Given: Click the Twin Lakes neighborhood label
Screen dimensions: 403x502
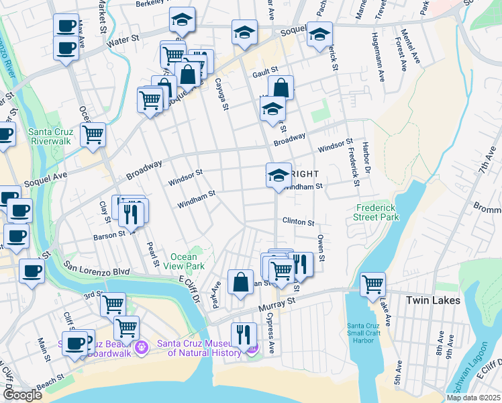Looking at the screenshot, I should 433,300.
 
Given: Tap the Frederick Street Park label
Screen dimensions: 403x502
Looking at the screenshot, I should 376,213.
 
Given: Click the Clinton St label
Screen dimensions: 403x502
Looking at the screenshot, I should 298,221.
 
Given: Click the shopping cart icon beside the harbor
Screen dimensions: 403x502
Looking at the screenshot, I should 372,284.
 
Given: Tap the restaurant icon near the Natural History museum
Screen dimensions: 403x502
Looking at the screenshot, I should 243,334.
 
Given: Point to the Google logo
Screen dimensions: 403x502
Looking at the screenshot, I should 22,395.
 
